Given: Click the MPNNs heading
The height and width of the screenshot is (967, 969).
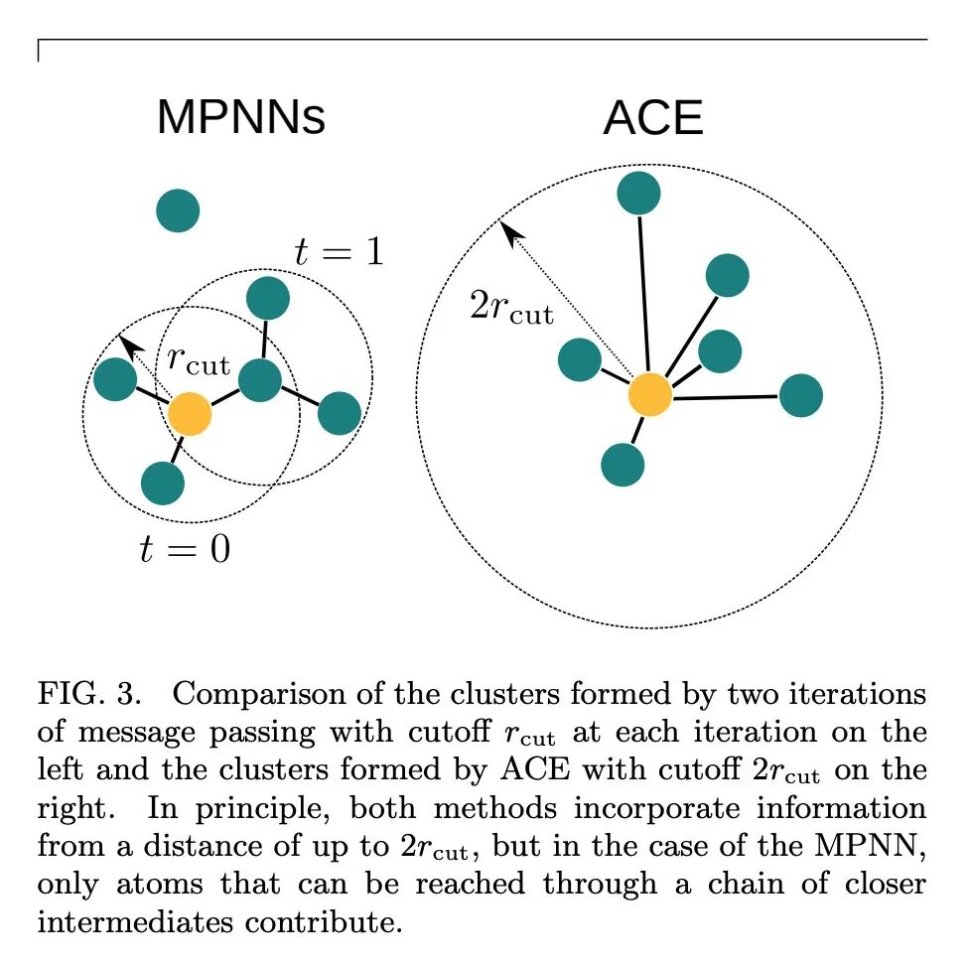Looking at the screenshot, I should pos(240,118).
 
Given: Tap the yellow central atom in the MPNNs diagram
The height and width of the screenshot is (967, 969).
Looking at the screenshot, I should pos(190,413).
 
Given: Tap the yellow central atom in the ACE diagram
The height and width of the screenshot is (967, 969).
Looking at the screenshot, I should pos(650,394).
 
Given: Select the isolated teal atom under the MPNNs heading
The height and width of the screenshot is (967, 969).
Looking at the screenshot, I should pos(178,210).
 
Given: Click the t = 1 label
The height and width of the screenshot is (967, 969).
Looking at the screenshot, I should pos(339,252).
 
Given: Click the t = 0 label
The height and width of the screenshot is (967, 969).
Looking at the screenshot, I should pos(185,547).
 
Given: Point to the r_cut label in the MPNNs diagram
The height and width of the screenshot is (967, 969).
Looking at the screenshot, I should pos(199,361).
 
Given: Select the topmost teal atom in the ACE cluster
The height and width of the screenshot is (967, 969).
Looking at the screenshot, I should pos(638,193).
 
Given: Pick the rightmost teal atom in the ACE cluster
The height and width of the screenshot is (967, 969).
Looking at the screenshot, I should pos(801,395).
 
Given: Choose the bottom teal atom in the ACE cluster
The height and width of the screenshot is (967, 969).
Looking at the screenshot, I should pos(623,464).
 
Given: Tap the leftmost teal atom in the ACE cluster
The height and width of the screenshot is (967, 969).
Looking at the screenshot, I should pos(580,359).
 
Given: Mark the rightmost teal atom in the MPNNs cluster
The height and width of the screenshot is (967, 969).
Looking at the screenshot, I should pos(340,413).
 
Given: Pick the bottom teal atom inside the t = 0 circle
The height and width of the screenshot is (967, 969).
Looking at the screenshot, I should pos(163,483).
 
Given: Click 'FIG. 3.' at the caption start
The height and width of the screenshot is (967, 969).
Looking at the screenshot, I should pos(84,692).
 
